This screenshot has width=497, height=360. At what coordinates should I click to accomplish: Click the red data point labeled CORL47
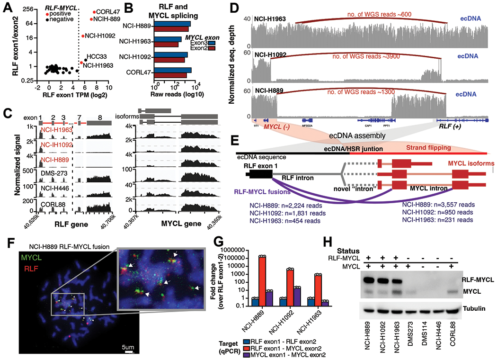point(94,11)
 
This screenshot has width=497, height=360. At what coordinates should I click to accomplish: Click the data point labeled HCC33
point(85,60)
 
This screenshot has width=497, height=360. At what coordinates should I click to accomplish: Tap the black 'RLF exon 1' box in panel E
point(258,174)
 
